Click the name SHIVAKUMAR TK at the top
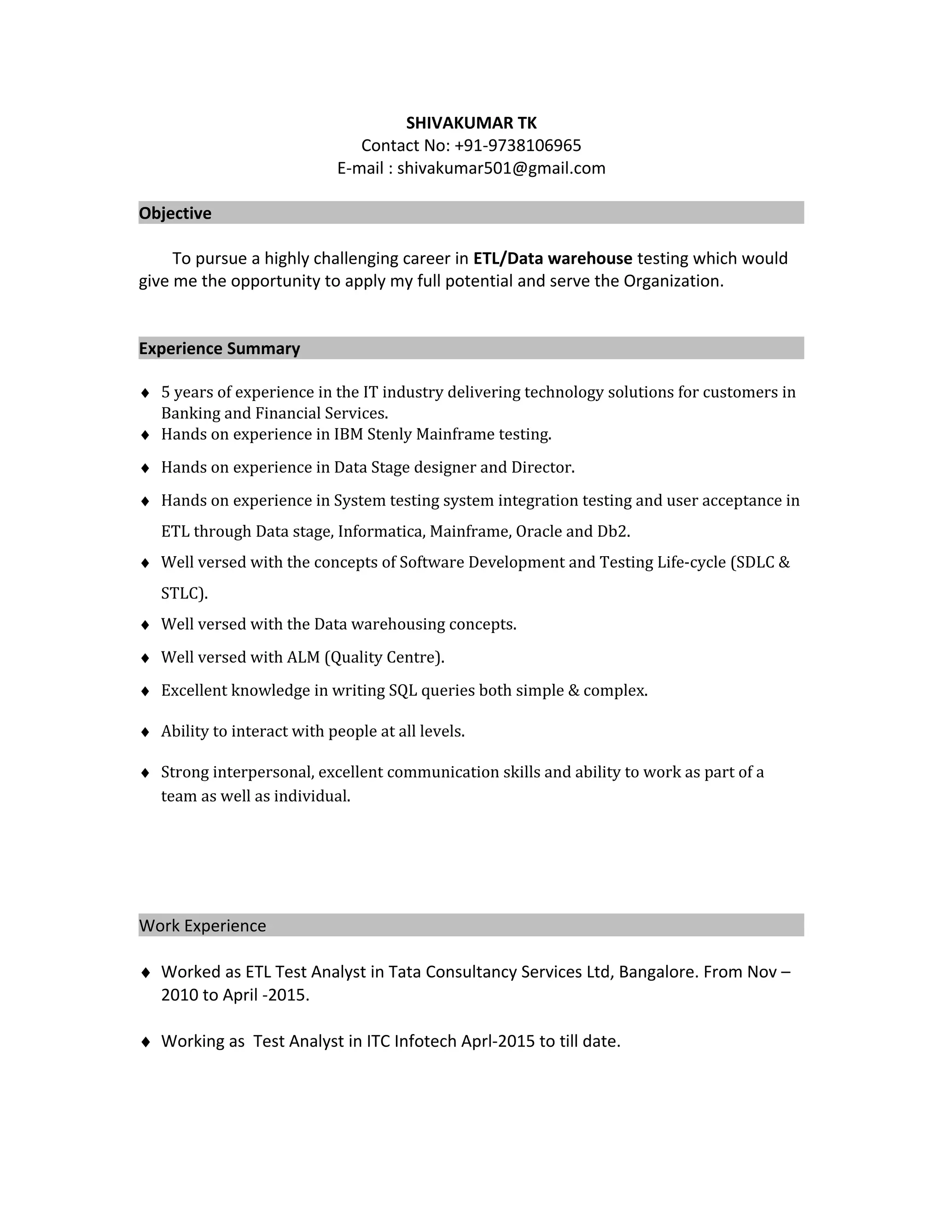(x=471, y=123)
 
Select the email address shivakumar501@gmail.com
(x=501, y=168)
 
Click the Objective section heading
(x=175, y=214)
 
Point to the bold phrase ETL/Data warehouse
(x=553, y=259)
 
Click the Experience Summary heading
(x=219, y=349)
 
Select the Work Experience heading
(x=202, y=926)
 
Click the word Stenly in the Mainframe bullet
(x=390, y=434)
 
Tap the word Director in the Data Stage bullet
(x=542, y=467)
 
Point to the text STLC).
(x=184, y=593)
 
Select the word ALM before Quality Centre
(x=303, y=657)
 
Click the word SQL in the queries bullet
(x=403, y=691)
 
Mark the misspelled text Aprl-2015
(x=498, y=1041)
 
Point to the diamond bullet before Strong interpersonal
(x=145, y=773)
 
